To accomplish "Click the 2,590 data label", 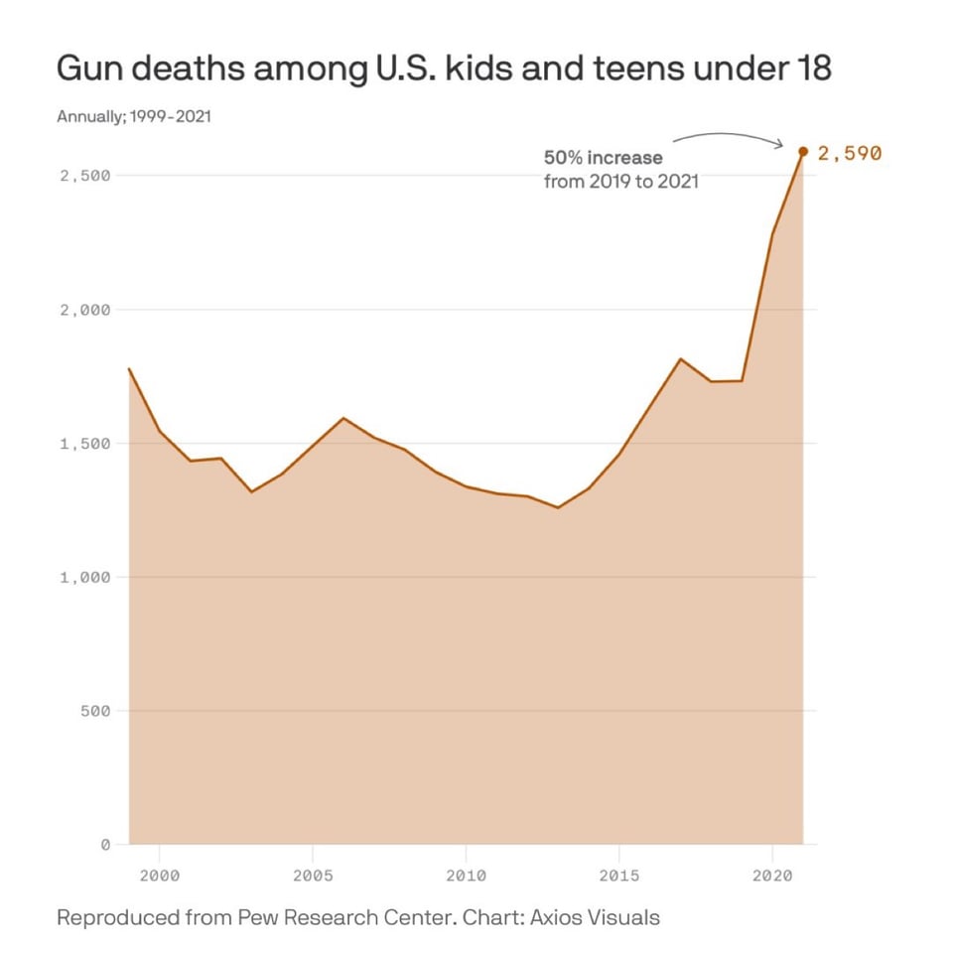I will point(849,153).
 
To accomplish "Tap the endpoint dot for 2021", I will point(803,152).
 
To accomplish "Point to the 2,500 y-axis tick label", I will point(84,176).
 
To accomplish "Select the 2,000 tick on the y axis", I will point(84,310).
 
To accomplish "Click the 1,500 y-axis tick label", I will point(84,444).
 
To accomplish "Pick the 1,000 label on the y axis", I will point(84,577).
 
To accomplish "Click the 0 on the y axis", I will point(104,845).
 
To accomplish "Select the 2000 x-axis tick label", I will point(160,876).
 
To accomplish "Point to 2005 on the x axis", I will point(313,876).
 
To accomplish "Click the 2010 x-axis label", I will point(466,876).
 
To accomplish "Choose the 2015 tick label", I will point(619,876).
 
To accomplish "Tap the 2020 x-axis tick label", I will point(772,876).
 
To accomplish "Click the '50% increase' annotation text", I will point(604,157).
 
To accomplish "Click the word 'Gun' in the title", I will point(88,69).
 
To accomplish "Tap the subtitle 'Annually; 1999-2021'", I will point(133,117).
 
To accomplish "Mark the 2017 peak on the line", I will point(680,358).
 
